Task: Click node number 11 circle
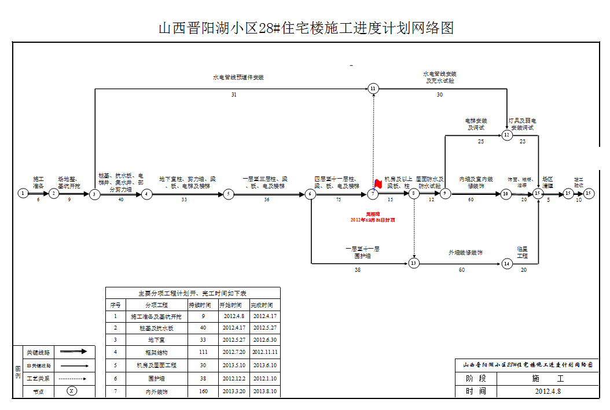point(373,88)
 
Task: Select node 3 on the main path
point(94,194)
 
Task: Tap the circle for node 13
point(413,264)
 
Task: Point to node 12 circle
point(507,135)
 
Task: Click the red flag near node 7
point(378,184)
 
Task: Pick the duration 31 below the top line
point(234,94)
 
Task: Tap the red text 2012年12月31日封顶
point(373,220)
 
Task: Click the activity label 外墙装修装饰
point(465,253)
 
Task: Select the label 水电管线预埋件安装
point(238,77)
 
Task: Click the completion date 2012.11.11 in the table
point(265,352)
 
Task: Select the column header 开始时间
point(230,305)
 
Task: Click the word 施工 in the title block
point(547,379)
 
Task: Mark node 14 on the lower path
point(507,264)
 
